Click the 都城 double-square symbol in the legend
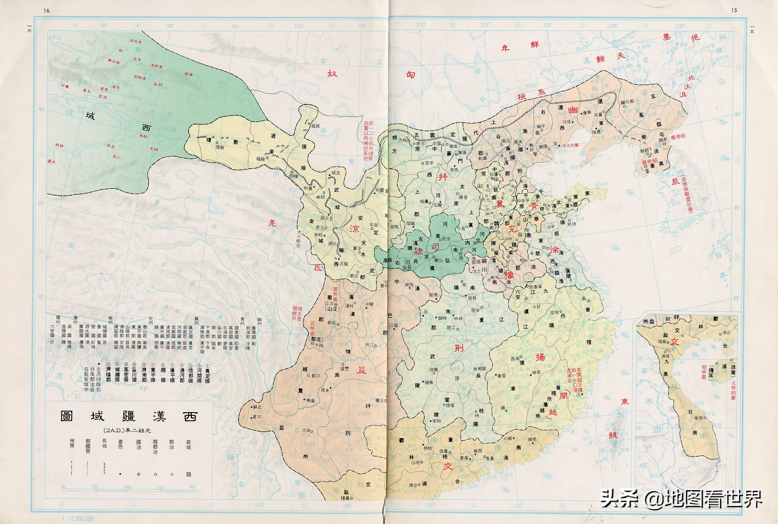click(188, 474)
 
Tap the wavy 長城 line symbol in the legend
click(104, 468)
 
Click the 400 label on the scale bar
click(128, 487)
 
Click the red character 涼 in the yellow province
click(354, 228)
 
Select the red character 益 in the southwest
click(362, 370)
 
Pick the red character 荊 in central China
click(459, 348)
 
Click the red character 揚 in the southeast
click(540, 357)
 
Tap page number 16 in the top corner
click(47, 10)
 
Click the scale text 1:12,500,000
click(76, 519)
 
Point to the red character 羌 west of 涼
click(272, 222)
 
